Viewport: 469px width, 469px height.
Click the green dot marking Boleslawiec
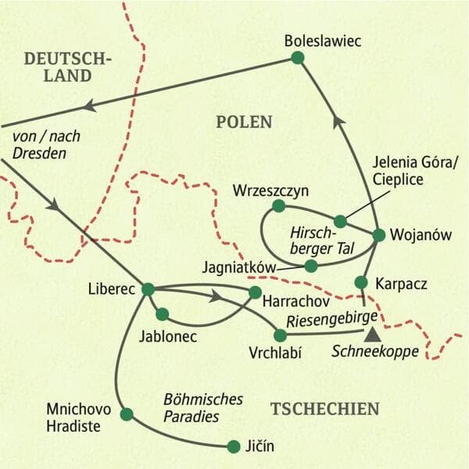tap(297, 57)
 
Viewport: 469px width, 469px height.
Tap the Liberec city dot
tap(146, 288)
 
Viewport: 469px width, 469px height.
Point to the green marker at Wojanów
tap(378, 234)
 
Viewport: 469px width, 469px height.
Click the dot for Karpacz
tap(361, 281)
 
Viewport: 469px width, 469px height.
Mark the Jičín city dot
tap(233, 446)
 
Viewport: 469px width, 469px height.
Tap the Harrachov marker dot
tap(254, 292)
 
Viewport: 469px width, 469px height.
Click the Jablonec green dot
tap(162, 314)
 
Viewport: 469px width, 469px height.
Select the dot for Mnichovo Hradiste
tap(127, 414)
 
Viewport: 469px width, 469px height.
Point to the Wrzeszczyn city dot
tap(277, 206)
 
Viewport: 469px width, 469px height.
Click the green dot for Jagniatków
tap(311, 266)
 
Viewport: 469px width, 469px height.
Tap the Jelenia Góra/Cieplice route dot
tap(340, 220)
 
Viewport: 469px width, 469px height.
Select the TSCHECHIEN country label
tap(324, 408)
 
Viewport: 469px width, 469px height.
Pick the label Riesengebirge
tap(332, 317)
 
